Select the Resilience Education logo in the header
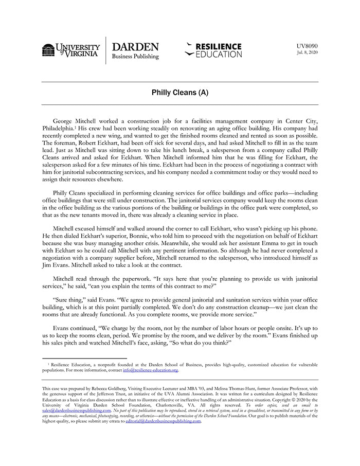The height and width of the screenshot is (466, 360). click(213, 50)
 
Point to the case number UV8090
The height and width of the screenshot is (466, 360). click(307, 46)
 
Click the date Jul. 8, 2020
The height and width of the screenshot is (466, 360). click(308, 52)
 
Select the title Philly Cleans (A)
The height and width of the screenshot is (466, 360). click(180, 93)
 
